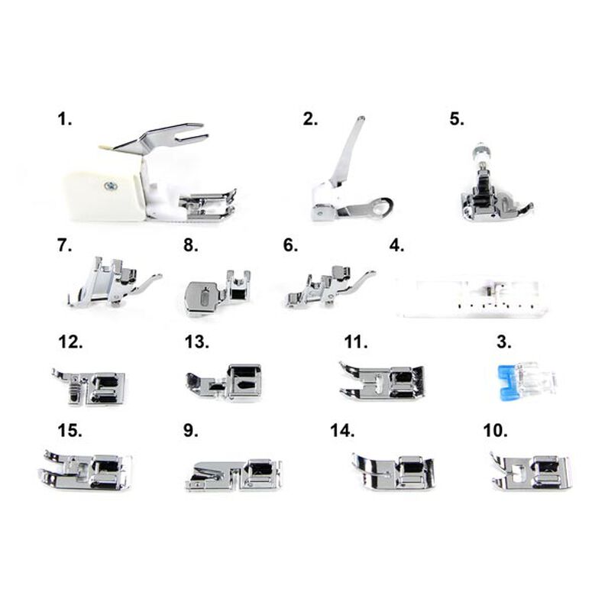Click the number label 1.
(x=65, y=119)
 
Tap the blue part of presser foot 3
(x=506, y=383)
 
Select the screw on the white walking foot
(x=111, y=186)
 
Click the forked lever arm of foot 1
(x=162, y=138)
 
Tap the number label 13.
(x=197, y=342)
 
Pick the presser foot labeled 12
(x=89, y=387)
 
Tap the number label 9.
(x=191, y=430)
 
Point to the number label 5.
(x=457, y=119)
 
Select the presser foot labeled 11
(x=382, y=381)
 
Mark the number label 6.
(x=290, y=245)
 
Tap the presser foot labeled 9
(x=234, y=474)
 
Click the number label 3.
(x=504, y=342)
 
